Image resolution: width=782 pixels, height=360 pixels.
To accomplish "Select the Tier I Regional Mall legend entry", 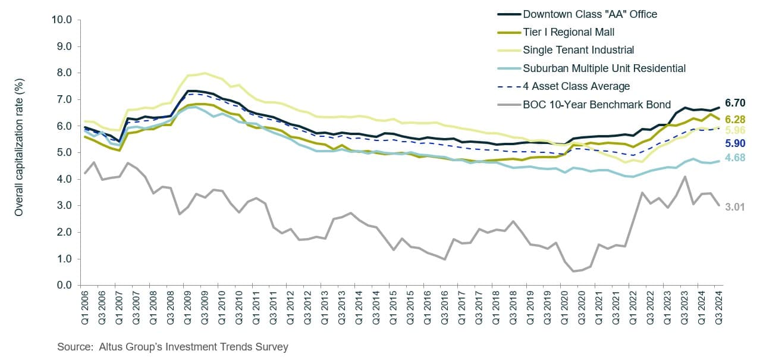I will pos(569,32).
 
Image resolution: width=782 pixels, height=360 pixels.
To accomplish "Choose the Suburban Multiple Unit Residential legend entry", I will pos(604,68).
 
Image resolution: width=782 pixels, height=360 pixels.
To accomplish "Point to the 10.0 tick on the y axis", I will pos(61,20).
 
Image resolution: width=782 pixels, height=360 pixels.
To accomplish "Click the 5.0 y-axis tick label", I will pos(64,152).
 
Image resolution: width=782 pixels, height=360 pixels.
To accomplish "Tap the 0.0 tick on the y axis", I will pos(64,286).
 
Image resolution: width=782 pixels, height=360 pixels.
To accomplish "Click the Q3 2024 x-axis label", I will pos(718,308).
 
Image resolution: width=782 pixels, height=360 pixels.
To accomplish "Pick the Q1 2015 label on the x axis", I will pos(394,308).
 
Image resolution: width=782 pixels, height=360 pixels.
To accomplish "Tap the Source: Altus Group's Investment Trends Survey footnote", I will pos(172,346).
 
